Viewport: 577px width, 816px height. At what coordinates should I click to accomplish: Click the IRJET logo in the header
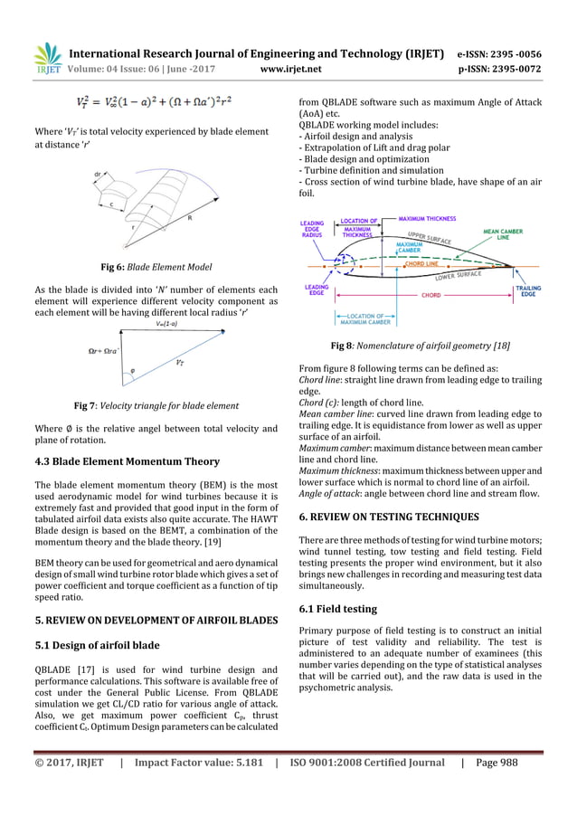[47, 57]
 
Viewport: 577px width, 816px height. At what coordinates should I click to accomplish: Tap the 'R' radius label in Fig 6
[189, 217]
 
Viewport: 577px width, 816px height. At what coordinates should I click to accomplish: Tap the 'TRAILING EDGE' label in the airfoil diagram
[528, 292]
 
